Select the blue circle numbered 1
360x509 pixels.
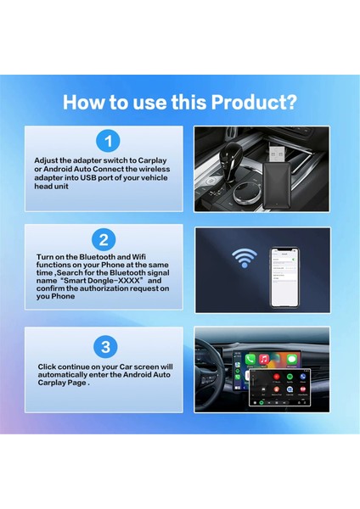106,141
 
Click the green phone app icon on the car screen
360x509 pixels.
250,360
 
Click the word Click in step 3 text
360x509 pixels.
48,366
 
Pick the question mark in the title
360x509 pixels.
290,103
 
